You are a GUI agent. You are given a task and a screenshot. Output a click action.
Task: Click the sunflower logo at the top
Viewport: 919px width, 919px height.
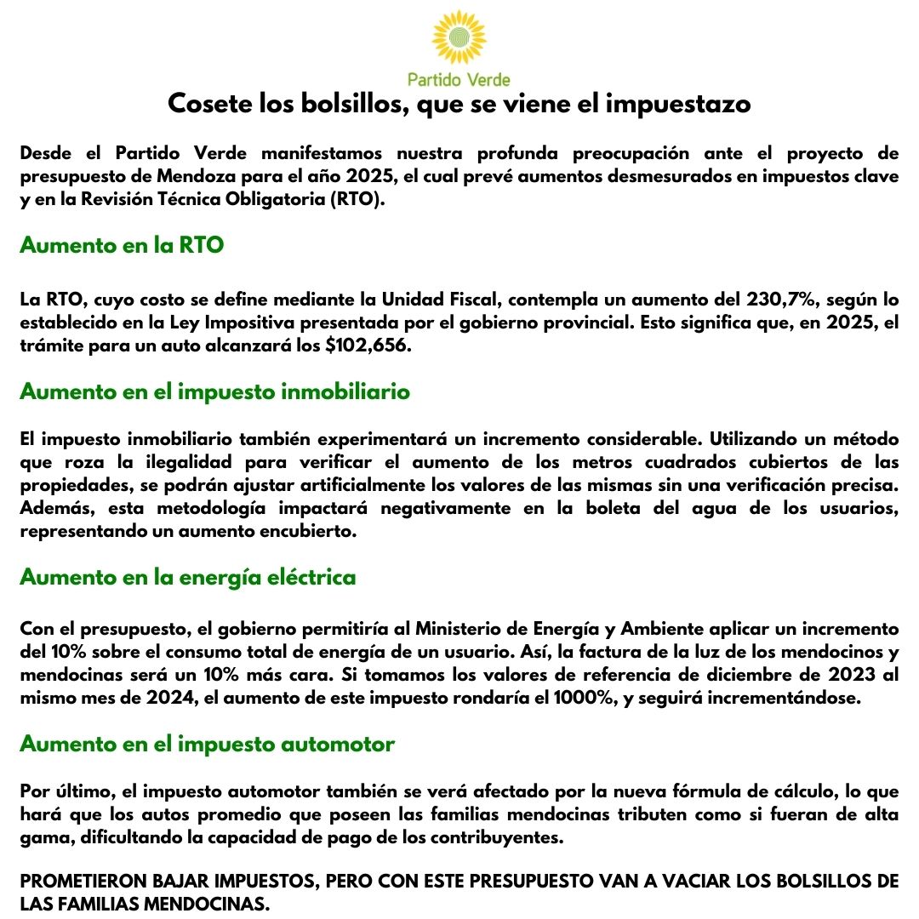tap(459, 39)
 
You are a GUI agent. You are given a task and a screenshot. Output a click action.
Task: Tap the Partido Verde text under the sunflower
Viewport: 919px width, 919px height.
tap(459, 80)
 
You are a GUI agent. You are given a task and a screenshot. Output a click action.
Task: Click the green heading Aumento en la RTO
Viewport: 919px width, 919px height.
tap(122, 246)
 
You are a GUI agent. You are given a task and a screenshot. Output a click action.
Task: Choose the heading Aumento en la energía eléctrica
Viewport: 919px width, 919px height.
tap(187, 577)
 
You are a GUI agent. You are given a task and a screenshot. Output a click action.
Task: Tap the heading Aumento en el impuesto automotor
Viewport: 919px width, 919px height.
tap(207, 744)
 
